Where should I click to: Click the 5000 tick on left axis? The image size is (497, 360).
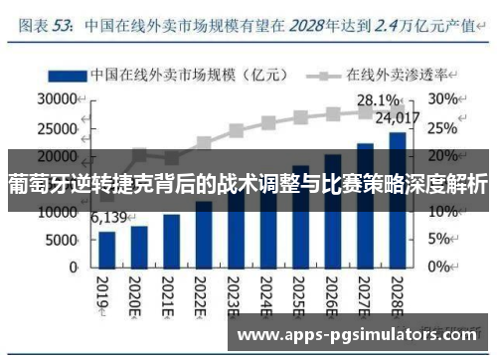(x=61, y=240)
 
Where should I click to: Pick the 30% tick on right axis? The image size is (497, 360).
(x=444, y=99)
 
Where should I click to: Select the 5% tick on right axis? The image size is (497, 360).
(x=441, y=240)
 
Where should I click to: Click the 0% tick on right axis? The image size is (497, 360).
(x=441, y=268)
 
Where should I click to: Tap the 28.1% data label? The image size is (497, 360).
(x=379, y=100)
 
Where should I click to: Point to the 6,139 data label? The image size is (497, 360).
(x=109, y=218)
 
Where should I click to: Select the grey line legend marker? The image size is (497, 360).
(x=323, y=74)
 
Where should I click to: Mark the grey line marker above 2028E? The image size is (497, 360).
(x=397, y=109)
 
